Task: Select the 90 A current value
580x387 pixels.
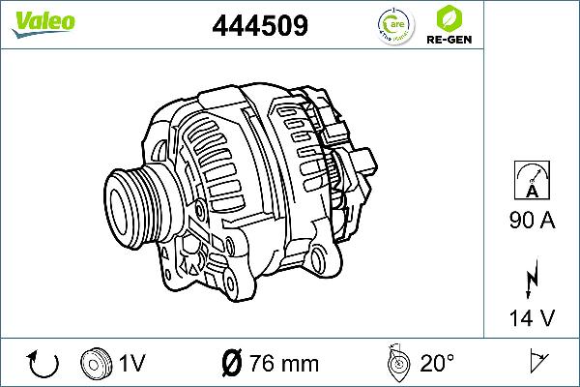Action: pos(531,222)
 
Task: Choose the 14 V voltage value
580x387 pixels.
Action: pos(531,317)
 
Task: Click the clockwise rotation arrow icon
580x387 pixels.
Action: pos(44,364)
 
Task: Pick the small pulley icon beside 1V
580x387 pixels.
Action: pos(97,363)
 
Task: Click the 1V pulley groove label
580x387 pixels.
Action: pos(131,364)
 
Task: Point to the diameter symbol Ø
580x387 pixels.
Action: pos(231,364)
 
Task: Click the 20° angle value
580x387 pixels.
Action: pos(437,364)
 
